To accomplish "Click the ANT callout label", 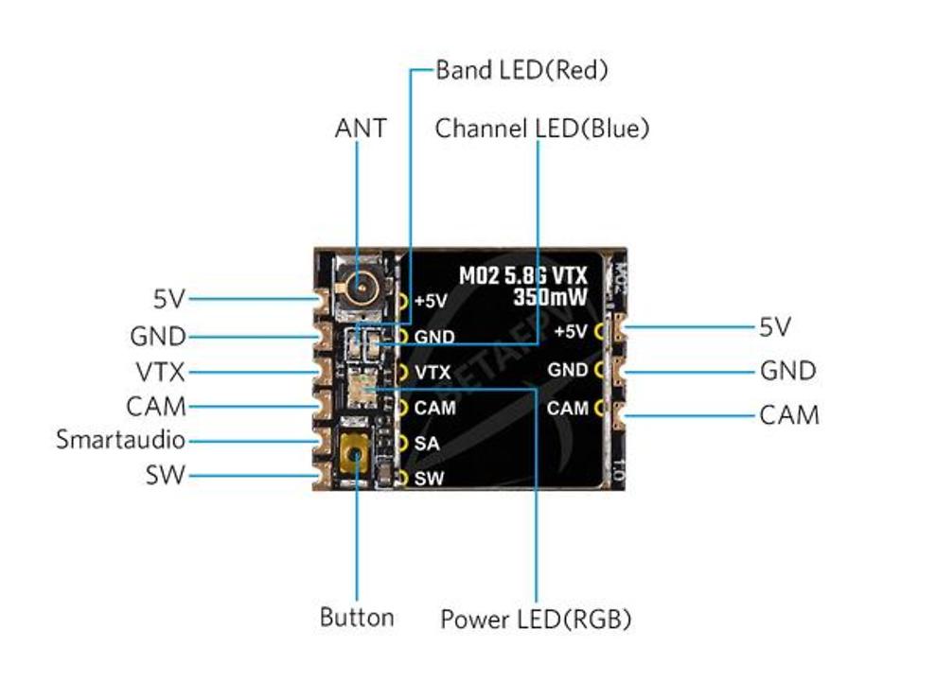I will pos(361,128).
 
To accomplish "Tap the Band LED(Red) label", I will pos(521,70).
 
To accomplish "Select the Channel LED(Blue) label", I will pos(541,129).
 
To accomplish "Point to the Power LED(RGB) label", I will pos(535,620).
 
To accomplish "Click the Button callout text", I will pos(356,618).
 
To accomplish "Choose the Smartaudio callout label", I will pos(120,440).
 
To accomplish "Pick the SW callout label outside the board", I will pos(166,476).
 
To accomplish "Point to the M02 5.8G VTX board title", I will pos(523,275).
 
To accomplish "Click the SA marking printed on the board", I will pos(425,444).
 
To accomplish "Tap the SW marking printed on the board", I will pos(428,479).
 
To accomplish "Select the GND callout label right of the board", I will pos(787,371).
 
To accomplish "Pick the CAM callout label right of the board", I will pos(789,414).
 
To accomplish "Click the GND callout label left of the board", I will pos(158,336).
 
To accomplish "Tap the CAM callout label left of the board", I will pos(156,407).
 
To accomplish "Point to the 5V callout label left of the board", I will pos(169,300).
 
